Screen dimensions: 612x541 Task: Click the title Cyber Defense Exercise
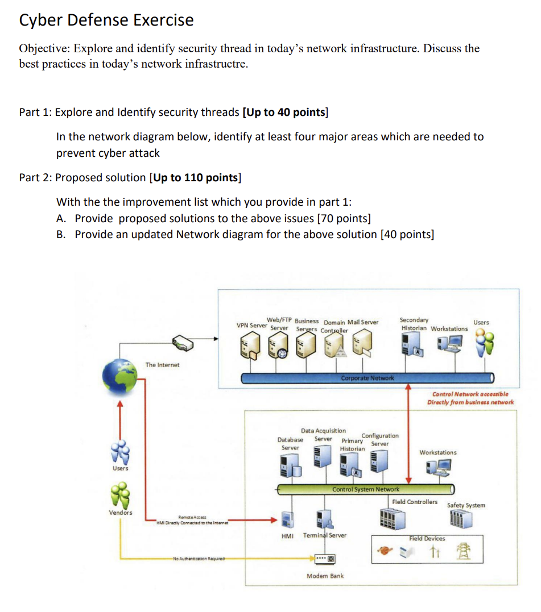point(106,20)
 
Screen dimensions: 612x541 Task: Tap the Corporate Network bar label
point(367,378)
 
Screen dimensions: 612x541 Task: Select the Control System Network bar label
point(365,489)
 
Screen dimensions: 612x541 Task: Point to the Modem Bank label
point(325,576)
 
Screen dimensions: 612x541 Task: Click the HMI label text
point(288,536)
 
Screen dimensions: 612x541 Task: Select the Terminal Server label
point(324,535)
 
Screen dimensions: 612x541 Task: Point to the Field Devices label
point(427,538)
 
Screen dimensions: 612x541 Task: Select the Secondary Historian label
point(415,324)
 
